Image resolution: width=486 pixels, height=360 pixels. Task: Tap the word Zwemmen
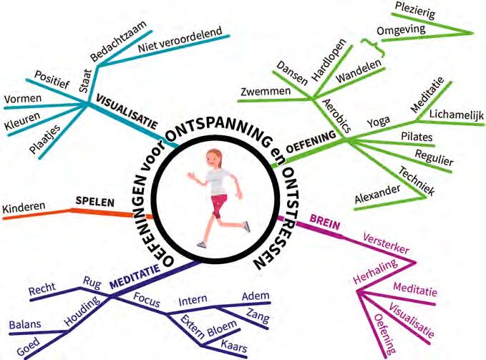[266, 92]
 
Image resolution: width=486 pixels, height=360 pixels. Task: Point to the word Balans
[24, 326]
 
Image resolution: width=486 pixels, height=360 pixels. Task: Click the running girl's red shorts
[218, 198]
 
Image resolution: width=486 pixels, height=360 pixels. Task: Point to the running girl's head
[213, 155]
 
